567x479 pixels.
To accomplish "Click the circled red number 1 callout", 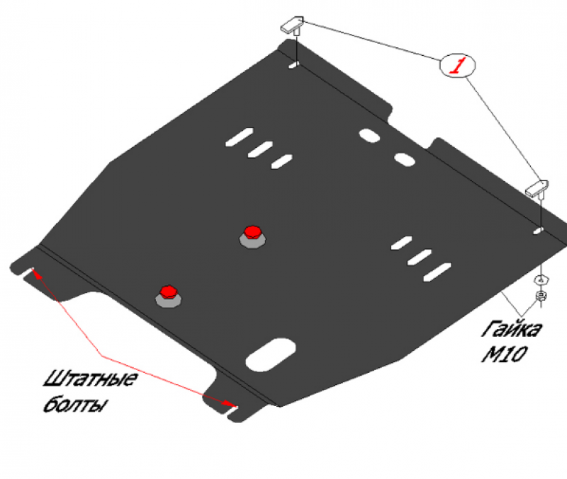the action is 457,65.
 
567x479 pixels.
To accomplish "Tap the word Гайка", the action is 511,329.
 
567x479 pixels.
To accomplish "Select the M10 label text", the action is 504,354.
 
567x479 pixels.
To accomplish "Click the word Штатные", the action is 91,379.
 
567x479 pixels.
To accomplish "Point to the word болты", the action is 75,403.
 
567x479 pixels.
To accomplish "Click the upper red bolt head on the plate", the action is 252,232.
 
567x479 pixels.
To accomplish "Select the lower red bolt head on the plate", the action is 168,292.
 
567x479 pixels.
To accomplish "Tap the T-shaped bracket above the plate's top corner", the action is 293,25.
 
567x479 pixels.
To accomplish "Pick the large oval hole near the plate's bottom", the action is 271,354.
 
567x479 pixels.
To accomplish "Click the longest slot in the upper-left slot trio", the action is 239,137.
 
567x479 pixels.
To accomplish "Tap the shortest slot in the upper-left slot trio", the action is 281,161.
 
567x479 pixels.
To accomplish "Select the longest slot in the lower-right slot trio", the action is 437,272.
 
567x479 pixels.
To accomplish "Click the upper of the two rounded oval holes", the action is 369,135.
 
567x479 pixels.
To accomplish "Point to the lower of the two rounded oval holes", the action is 404,159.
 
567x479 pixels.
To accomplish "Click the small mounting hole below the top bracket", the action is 293,65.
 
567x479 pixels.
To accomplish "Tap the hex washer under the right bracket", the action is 541,279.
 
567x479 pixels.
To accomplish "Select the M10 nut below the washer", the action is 541,296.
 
